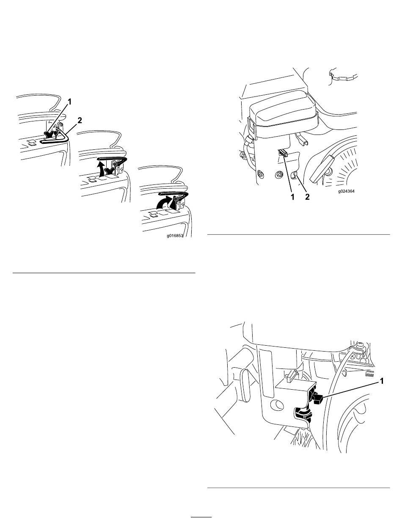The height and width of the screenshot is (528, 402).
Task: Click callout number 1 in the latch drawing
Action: point(69,102)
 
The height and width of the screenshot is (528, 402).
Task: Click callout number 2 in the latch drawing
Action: point(80,120)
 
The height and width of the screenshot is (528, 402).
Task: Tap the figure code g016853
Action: point(175,236)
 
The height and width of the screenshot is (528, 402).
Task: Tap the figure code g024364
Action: point(346,192)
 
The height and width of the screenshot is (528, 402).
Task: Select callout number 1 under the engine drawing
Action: point(292,197)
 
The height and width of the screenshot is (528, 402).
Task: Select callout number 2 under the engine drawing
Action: point(307,197)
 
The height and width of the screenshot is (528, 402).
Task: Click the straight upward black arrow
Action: point(101,168)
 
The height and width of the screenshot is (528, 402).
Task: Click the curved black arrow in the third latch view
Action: point(164,203)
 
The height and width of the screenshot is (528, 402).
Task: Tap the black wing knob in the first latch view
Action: point(49,135)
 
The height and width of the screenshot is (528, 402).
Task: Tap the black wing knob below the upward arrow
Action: point(110,171)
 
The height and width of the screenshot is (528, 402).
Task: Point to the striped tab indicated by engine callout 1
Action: point(283,153)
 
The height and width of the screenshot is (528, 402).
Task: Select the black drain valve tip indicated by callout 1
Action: point(318,399)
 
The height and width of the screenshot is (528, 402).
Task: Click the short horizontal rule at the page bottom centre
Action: point(201,517)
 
